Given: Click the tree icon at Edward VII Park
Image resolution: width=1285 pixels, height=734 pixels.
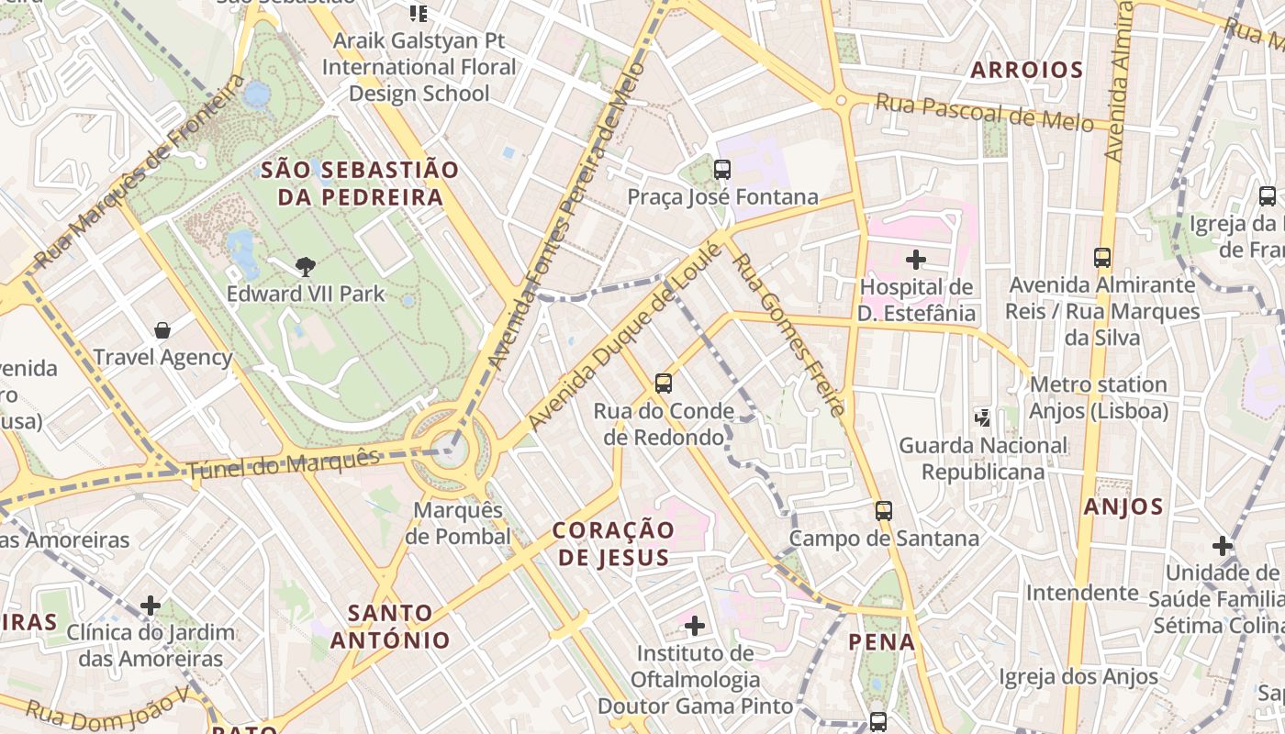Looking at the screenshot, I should point(306,267).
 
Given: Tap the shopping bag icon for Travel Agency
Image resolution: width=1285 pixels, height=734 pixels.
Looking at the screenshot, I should point(162,330).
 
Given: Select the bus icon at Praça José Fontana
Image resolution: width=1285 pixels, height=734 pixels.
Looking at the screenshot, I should point(722,169).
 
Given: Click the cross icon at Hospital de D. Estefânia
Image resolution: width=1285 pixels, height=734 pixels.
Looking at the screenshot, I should point(915,260).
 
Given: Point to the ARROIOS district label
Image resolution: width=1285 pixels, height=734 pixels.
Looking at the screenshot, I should point(1027,70).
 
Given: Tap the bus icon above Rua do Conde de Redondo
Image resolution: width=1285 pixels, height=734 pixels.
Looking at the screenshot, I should point(663,384).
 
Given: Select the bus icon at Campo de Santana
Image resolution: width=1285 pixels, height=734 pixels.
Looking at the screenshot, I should point(883,511).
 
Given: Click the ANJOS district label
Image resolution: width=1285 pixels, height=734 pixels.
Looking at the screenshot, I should point(1123,506).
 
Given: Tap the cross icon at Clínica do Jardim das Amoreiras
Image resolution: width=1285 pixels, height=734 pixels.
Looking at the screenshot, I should point(151,606).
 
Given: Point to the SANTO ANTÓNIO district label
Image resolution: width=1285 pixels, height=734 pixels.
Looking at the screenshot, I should point(390,626).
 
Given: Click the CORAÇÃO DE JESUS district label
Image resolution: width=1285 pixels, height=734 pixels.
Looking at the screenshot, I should point(614,543).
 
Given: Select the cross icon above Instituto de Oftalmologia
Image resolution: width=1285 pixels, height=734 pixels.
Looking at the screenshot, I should point(695,626).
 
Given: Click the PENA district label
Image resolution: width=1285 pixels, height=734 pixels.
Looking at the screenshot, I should point(881,641).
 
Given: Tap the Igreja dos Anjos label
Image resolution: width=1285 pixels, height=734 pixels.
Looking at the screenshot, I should point(1078,677).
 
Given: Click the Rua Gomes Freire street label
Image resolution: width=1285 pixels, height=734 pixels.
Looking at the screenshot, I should point(788,335).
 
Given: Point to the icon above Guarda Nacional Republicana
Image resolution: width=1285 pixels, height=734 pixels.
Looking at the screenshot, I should point(983,418).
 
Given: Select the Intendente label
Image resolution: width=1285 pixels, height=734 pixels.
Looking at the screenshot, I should point(1082,593).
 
